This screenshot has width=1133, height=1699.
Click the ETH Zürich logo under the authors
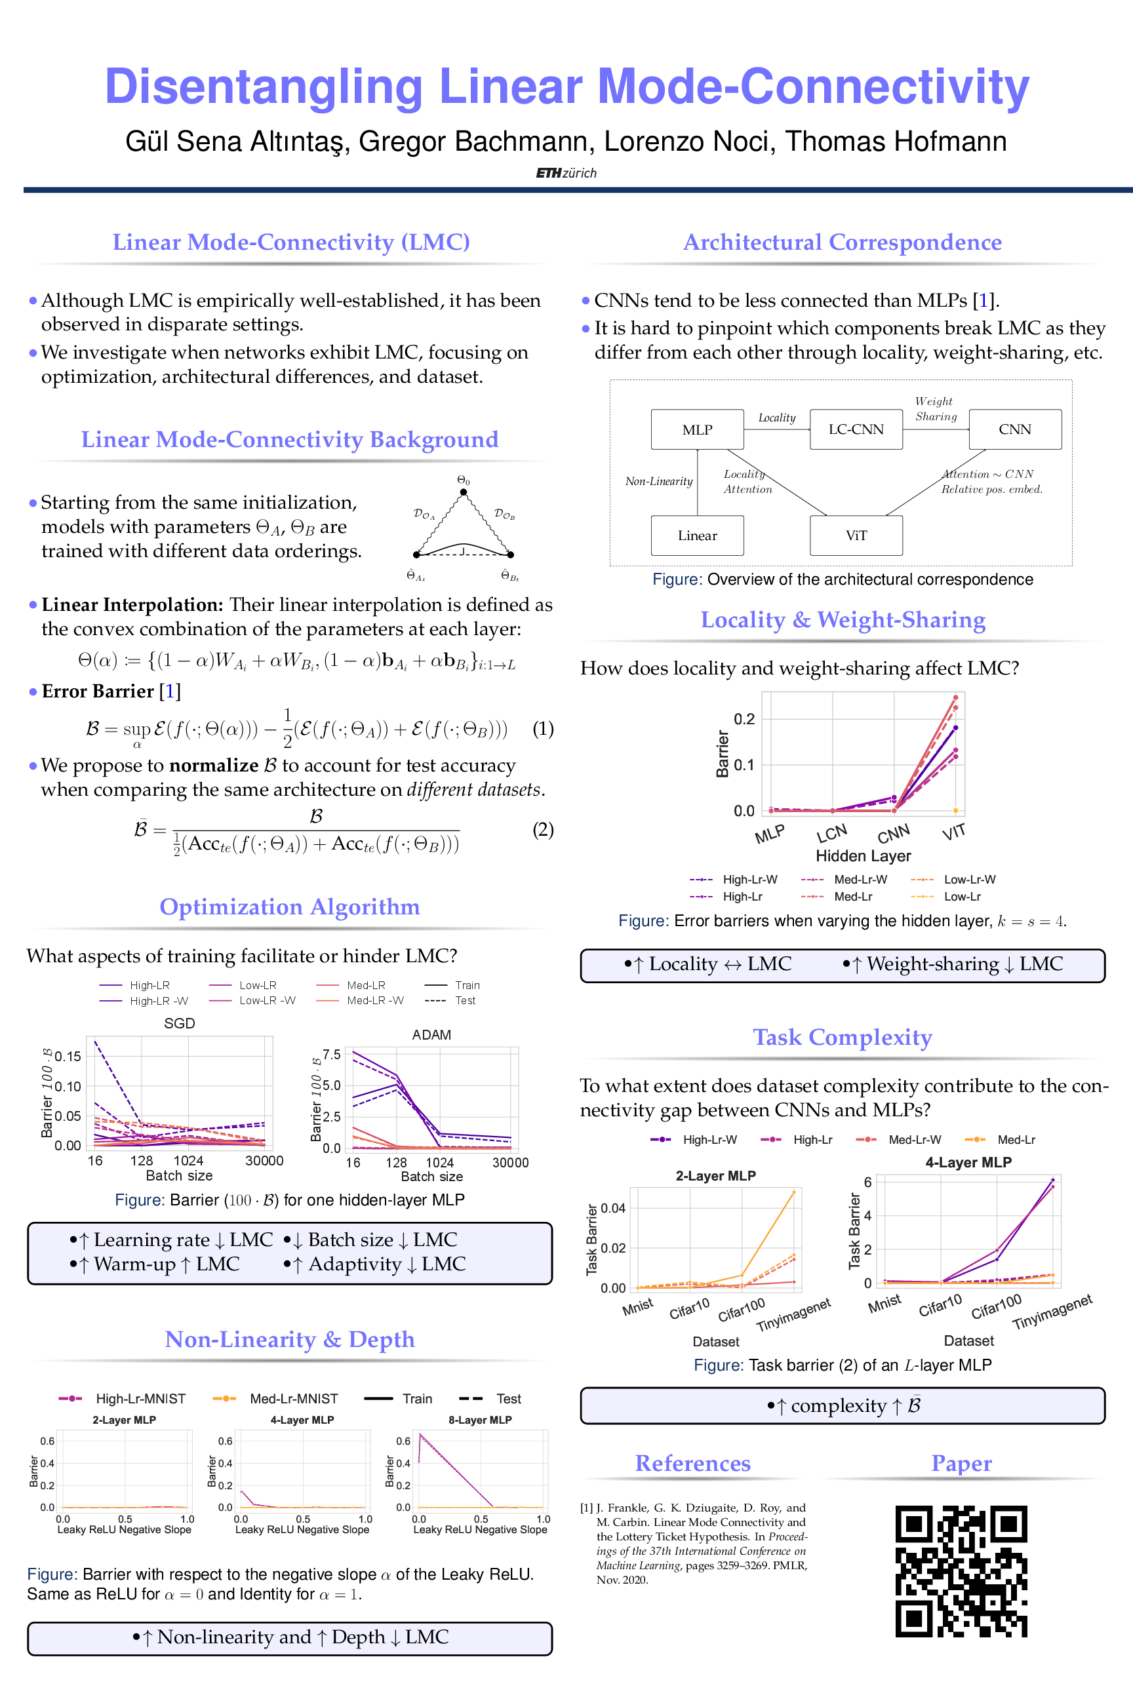tap(566, 173)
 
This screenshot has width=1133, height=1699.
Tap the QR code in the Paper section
tap(961, 1571)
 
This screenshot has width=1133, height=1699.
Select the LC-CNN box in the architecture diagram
tap(856, 430)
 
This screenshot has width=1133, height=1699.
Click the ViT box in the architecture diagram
tap(856, 536)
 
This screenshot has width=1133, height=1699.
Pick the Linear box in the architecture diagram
tap(697, 536)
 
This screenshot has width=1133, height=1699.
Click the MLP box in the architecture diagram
tap(697, 430)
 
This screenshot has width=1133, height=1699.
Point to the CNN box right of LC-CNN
tap(1014, 430)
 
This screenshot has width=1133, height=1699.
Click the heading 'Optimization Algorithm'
tap(289, 907)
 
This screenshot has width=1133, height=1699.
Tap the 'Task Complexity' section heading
tap(843, 1038)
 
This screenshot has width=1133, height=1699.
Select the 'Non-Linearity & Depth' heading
tap(289, 1339)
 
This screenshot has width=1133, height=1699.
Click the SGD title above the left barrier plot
tap(179, 1024)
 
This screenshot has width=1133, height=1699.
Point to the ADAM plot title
tap(431, 1034)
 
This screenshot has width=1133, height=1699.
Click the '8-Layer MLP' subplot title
tap(480, 1420)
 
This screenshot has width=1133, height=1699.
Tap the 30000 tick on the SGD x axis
tap(264, 1161)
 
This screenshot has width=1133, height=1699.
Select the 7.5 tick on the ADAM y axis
tap(332, 1055)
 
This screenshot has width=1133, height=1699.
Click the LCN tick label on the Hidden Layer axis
tap(831, 834)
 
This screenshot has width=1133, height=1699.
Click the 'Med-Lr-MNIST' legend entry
tap(293, 1399)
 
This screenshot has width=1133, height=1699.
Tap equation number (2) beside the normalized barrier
tap(544, 829)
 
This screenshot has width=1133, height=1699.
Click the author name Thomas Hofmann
tap(896, 142)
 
